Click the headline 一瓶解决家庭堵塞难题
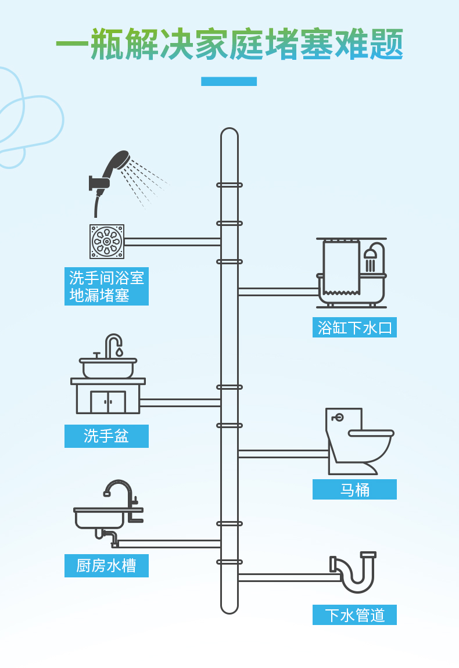point(229,44)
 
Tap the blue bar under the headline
point(229,81)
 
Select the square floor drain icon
point(107,242)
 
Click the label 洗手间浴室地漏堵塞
point(106,286)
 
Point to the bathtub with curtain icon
point(351,273)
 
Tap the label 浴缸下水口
point(354,328)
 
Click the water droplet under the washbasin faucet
point(119,352)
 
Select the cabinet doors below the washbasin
point(108,402)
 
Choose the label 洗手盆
point(106,436)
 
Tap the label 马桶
point(354,490)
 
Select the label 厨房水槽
point(106,566)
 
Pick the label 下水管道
point(354,615)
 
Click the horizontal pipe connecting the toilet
point(283,454)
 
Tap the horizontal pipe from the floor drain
point(172,242)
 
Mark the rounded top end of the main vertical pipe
point(229,132)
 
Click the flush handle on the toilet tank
point(338,417)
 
